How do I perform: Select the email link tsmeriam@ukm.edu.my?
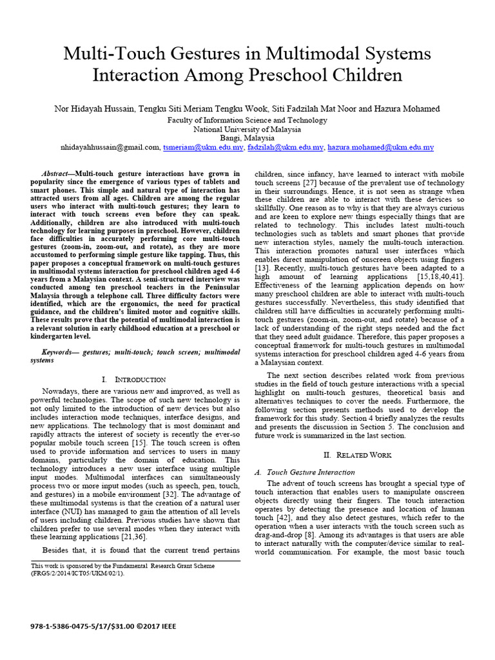[x=203, y=148]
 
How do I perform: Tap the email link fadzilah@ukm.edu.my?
[x=286, y=148]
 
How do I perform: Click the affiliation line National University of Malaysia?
[x=247, y=129]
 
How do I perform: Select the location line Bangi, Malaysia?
[x=247, y=138]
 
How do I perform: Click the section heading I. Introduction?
[x=134, y=380]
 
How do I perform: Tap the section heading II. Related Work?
[x=356, y=454]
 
